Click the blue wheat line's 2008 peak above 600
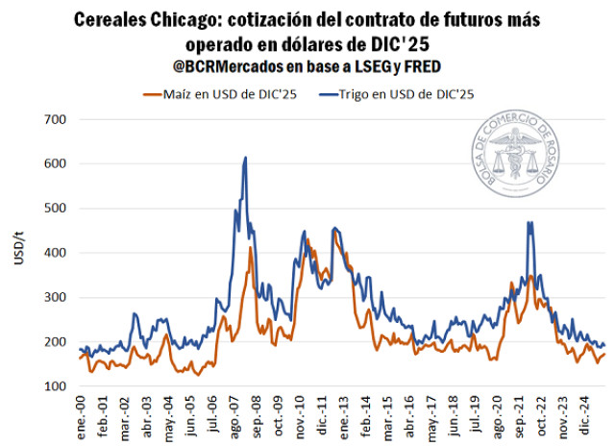(246, 159)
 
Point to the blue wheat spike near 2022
(529, 223)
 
